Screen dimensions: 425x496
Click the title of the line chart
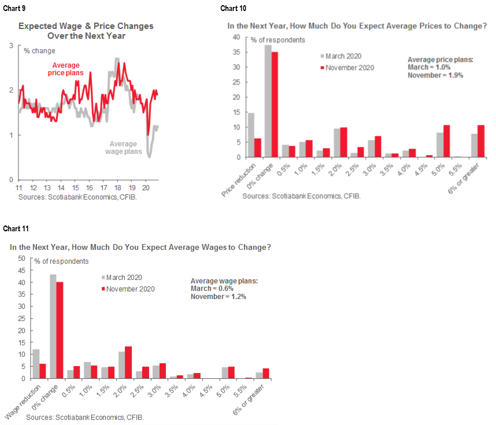click(85, 30)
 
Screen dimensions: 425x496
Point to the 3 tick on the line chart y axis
click(12, 45)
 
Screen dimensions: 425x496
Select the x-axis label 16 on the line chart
click(89, 189)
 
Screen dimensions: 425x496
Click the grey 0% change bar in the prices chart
click(268, 101)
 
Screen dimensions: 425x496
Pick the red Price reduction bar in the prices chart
click(257, 147)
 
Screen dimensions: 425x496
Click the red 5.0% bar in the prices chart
click(446, 141)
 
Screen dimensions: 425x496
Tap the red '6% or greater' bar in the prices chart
click(481, 141)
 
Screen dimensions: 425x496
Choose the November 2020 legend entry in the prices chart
click(347, 68)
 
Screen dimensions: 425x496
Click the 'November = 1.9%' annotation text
click(435, 75)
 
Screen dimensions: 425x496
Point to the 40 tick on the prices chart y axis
click(235, 37)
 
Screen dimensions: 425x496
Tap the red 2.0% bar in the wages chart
click(128, 363)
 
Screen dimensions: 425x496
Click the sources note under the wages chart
click(85, 417)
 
